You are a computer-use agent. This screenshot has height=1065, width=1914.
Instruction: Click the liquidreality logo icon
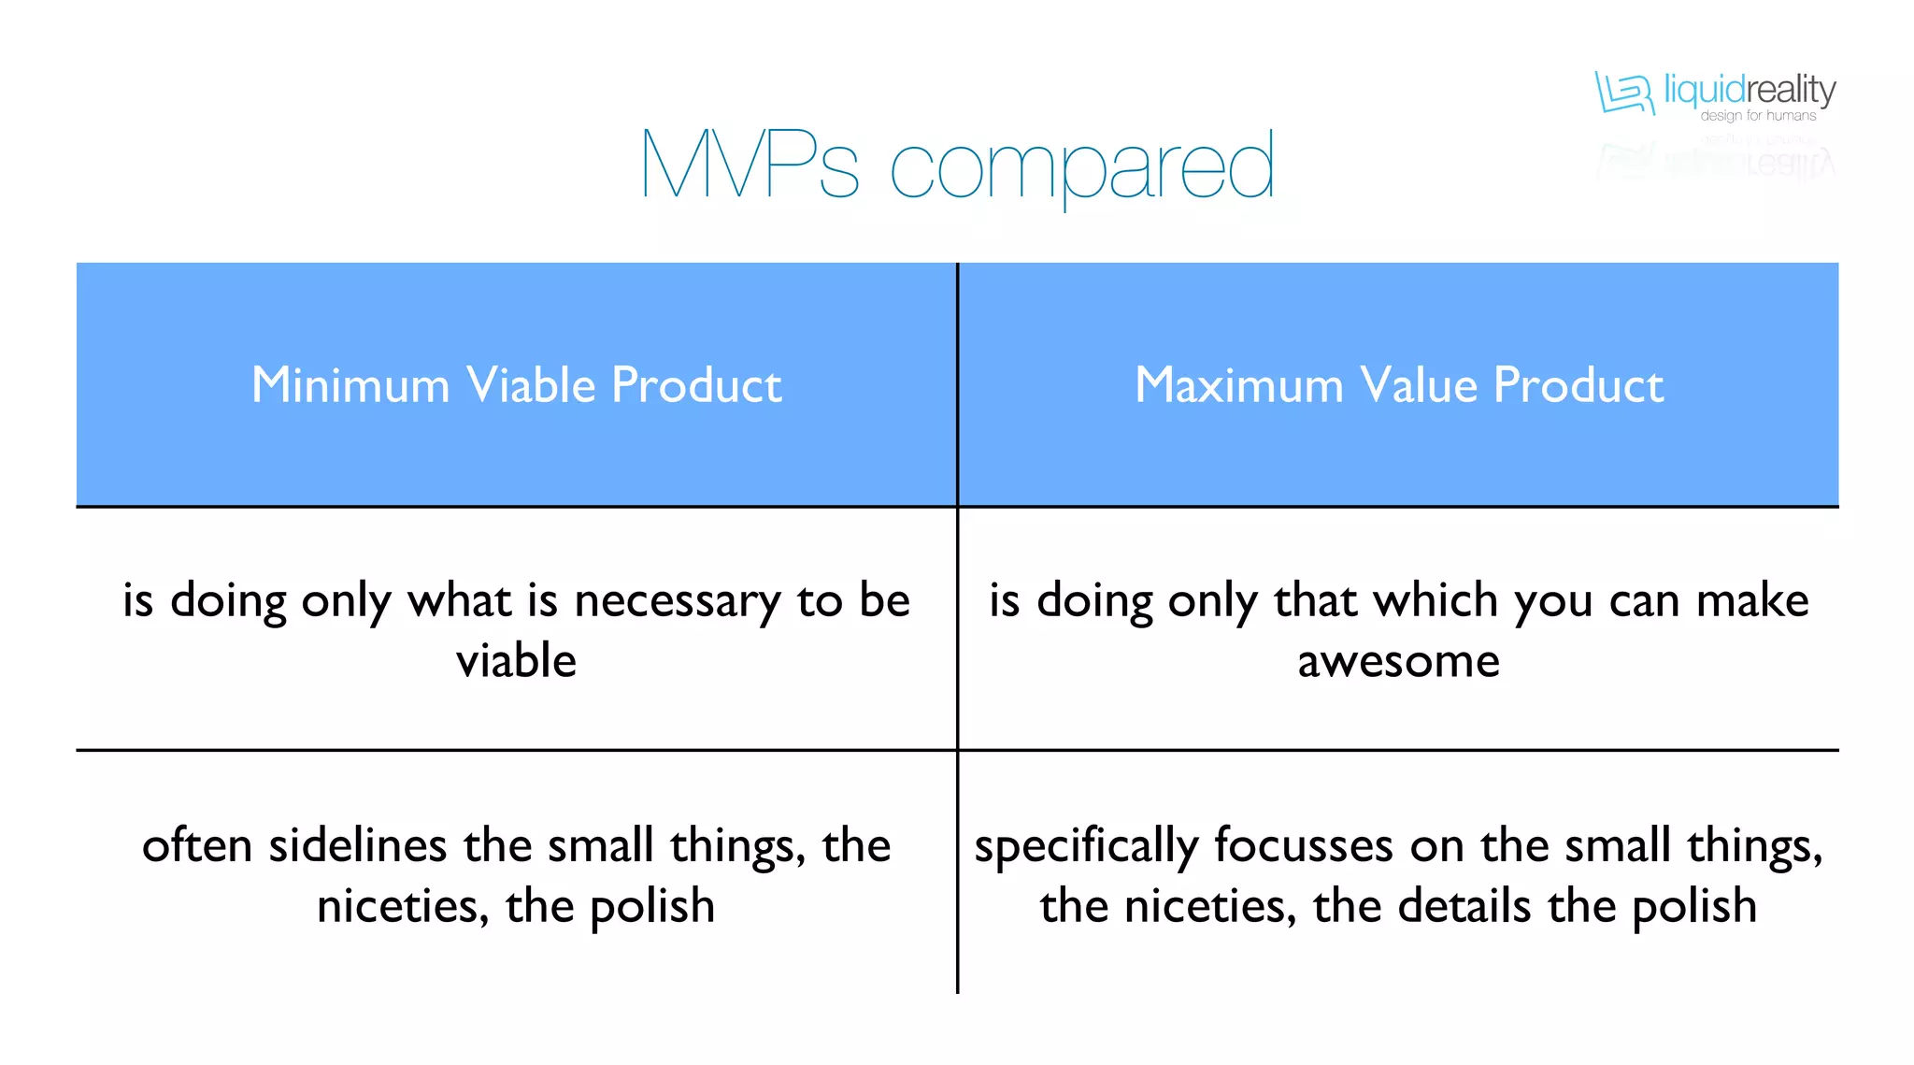click(1623, 94)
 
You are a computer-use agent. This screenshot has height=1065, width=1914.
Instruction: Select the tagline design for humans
click(1758, 116)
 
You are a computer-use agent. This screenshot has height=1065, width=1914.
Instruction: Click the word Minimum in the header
click(350, 385)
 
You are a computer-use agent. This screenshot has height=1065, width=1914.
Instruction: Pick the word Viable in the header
click(531, 385)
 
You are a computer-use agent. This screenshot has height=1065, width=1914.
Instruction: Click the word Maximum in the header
click(1238, 385)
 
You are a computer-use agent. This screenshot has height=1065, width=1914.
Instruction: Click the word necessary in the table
click(677, 601)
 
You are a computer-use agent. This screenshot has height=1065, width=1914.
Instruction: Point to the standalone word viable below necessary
click(516, 661)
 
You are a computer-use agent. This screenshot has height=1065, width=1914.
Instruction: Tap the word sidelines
click(357, 845)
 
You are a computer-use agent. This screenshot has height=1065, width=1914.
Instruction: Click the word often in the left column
click(196, 845)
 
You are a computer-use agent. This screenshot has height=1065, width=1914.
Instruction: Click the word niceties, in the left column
click(403, 906)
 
